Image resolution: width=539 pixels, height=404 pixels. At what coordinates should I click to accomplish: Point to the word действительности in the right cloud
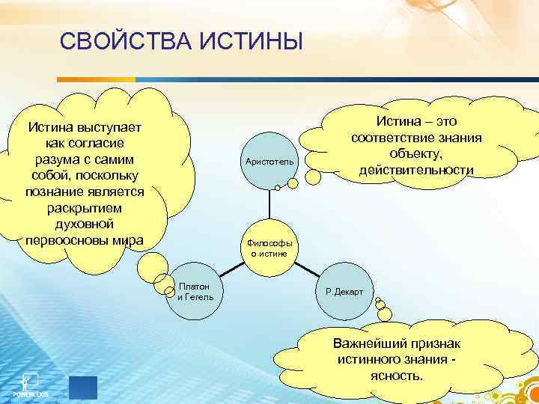point(415,170)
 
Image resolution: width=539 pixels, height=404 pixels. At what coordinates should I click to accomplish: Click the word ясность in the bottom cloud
point(395,375)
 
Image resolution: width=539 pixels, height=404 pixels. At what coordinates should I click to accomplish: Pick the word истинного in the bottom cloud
point(370,359)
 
